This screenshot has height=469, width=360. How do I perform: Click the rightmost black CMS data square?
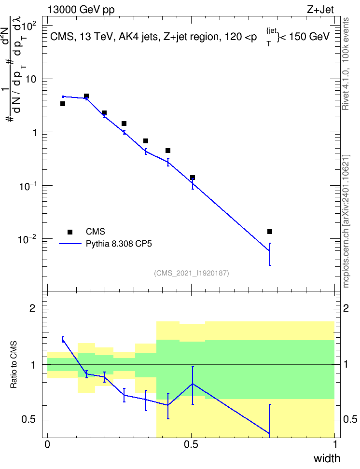[x=270, y=232]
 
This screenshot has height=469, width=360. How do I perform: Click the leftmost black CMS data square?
[x=63, y=104]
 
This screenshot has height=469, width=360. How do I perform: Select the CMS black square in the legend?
[x=70, y=232]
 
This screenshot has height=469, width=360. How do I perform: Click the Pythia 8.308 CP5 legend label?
[x=119, y=244]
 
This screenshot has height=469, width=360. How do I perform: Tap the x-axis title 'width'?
[x=327, y=458]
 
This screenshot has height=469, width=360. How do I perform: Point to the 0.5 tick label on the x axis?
[x=191, y=444]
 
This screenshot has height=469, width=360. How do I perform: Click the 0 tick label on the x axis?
[x=47, y=444]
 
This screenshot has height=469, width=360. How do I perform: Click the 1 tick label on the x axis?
[x=335, y=444]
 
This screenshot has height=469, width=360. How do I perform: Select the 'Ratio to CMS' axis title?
[x=14, y=365]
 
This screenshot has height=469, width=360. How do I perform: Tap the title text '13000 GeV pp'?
[x=81, y=10]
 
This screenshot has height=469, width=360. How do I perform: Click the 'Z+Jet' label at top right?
[x=320, y=10]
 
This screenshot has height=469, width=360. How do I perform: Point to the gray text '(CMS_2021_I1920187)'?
[x=192, y=273]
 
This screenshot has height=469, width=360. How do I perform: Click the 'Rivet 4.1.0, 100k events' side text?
[x=346, y=64]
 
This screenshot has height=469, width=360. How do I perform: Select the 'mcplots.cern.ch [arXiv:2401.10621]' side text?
[x=346, y=221]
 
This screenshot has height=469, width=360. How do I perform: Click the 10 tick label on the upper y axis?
[x=31, y=80]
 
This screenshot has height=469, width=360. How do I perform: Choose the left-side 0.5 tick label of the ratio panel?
[x=29, y=420]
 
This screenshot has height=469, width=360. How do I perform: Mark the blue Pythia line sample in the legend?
[x=70, y=244]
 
